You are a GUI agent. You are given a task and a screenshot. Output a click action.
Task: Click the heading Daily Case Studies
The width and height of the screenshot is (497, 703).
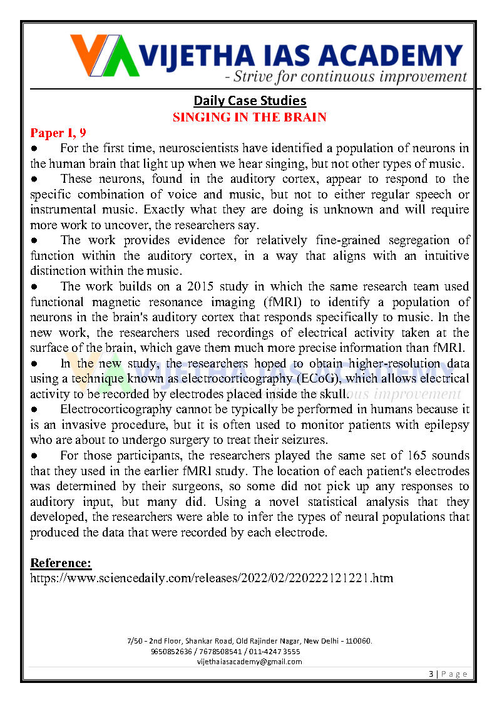click(250, 101)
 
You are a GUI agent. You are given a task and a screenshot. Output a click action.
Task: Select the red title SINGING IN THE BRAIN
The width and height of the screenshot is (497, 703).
click(250, 117)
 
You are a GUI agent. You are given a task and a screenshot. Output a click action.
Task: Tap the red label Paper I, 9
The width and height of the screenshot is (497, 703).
click(58, 133)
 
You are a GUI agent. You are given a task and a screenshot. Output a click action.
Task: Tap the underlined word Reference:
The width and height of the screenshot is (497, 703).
click(61, 562)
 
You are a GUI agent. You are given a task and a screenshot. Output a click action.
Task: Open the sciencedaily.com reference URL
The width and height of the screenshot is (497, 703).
click(212, 577)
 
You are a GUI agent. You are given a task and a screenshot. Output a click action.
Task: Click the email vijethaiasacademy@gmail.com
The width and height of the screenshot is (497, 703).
click(249, 661)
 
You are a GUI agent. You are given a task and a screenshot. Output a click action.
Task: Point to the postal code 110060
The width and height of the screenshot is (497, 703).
click(357, 641)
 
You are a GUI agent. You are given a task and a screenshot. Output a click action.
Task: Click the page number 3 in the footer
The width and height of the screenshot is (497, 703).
click(431, 674)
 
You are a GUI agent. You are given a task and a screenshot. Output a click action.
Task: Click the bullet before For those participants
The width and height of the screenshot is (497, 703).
click(36, 454)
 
